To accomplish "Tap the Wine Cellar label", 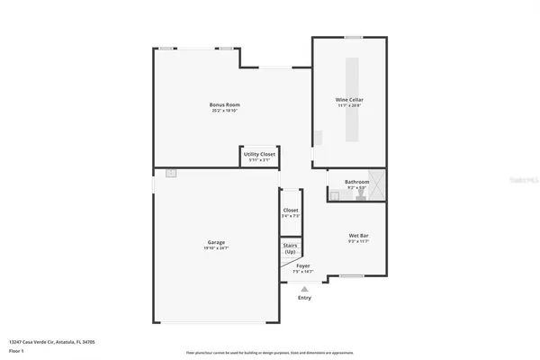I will coord(350,99).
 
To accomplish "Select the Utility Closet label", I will coord(259,154).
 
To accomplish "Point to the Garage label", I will coord(216,241).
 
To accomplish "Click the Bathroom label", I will coord(357,182).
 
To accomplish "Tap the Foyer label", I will coord(303,265).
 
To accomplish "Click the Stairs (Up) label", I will coord(290,248).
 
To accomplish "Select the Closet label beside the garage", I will coord(291,211).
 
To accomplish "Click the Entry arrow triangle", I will coord(303,289).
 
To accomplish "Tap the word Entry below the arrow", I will coord(303,298).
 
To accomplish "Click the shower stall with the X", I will coord(377,186).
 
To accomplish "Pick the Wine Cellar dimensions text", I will coord(350,105).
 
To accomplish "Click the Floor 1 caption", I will coord(15,350).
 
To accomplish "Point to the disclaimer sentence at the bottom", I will coord(270,352).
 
